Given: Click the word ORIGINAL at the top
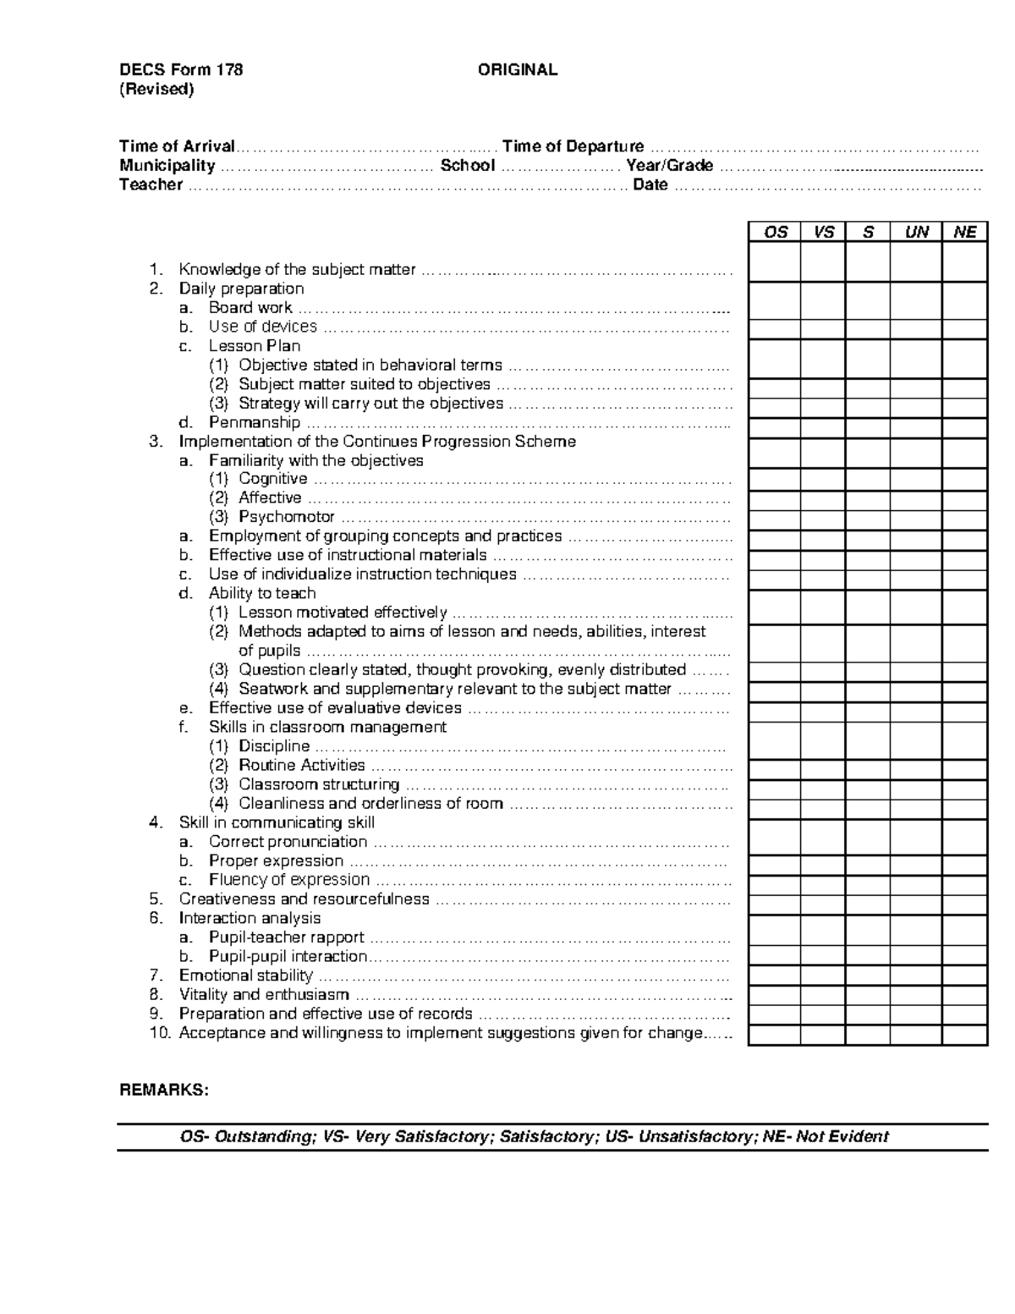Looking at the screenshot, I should (517, 70).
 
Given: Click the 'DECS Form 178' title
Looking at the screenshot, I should (181, 70).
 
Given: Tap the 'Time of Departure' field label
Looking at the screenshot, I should (573, 146).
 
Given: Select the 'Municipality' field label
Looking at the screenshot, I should (167, 166).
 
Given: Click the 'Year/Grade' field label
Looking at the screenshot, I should (669, 166).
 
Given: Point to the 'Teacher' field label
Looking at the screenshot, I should (151, 185).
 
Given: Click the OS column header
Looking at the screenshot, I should (775, 232).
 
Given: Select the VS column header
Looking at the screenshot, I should (823, 232).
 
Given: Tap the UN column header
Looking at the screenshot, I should (916, 232).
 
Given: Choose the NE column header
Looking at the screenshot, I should (964, 232).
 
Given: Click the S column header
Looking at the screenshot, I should (868, 232).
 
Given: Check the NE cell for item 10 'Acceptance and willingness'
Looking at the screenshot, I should (964, 1034).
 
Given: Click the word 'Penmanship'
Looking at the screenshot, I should (255, 422).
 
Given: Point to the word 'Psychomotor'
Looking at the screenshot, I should (286, 517).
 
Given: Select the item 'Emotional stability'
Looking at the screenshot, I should (245, 976).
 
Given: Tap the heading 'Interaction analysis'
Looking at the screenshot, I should (250, 918).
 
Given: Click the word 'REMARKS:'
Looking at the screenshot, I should (163, 1090).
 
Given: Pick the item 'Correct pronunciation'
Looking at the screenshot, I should (288, 842).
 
